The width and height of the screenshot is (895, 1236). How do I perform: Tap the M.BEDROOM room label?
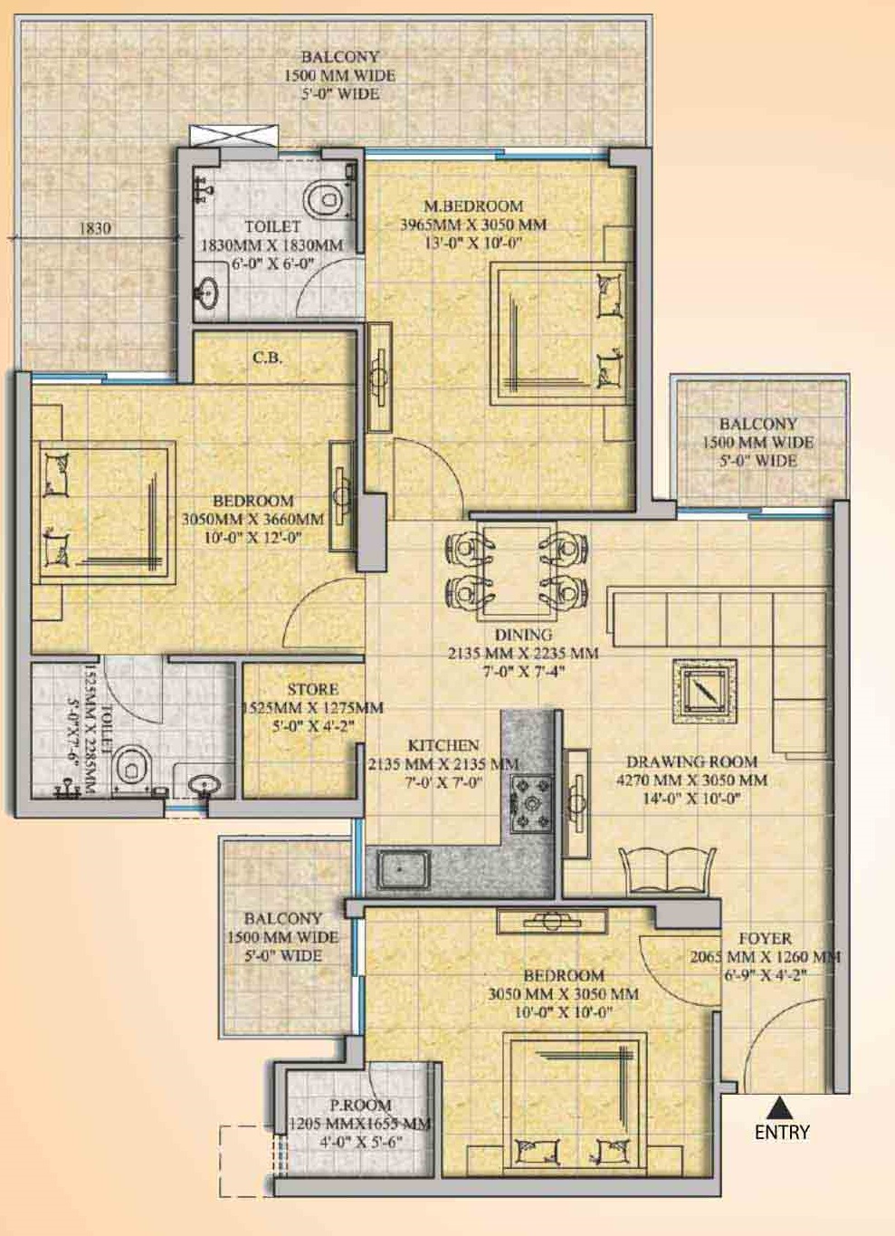tap(473, 206)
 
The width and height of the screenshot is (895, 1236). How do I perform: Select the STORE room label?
tap(313, 689)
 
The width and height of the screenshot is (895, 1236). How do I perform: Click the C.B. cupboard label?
tap(268, 358)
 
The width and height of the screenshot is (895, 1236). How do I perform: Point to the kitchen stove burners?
tap(531, 803)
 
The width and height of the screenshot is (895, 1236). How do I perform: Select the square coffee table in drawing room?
tap(704, 692)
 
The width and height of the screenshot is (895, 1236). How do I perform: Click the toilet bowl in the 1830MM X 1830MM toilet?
tap(325, 201)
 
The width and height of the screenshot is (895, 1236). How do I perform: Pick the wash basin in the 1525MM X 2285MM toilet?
tap(205, 784)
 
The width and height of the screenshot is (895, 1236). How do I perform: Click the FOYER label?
tap(765, 938)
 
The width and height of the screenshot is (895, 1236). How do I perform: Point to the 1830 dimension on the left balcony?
tap(95, 227)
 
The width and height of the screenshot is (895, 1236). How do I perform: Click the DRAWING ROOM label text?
tap(691, 762)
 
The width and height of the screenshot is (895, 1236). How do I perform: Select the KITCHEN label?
tap(443, 745)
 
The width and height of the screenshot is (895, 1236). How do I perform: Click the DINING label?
tap(523, 635)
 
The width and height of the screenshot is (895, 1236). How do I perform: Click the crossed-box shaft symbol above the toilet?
tap(233, 135)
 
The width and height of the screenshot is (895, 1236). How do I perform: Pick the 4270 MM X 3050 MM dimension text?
tap(691, 781)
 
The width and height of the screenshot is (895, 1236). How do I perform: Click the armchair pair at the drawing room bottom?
tap(667, 870)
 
